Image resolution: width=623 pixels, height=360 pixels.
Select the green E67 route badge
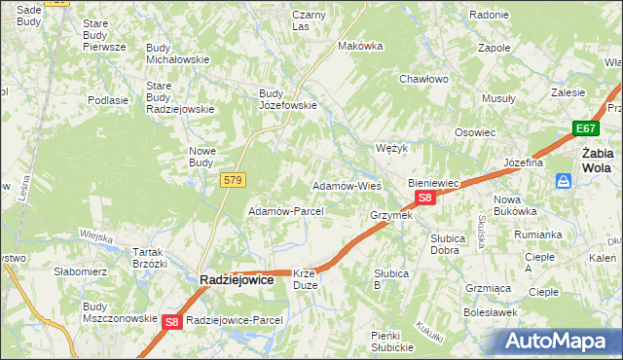[x=585, y=128]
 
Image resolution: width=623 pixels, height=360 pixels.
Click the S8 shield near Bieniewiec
[x=424, y=198]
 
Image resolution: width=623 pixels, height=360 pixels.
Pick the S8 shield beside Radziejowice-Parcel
[x=172, y=321]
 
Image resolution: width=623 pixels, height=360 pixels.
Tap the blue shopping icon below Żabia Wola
[x=564, y=181]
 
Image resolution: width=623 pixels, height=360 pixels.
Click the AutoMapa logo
[x=558, y=341]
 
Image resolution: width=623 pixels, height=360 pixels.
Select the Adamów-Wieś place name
[x=345, y=185]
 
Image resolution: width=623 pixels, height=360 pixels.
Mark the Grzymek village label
[x=391, y=215]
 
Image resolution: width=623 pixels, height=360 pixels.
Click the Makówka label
[x=356, y=46]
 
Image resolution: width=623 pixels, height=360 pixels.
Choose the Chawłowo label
[x=422, y=80]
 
